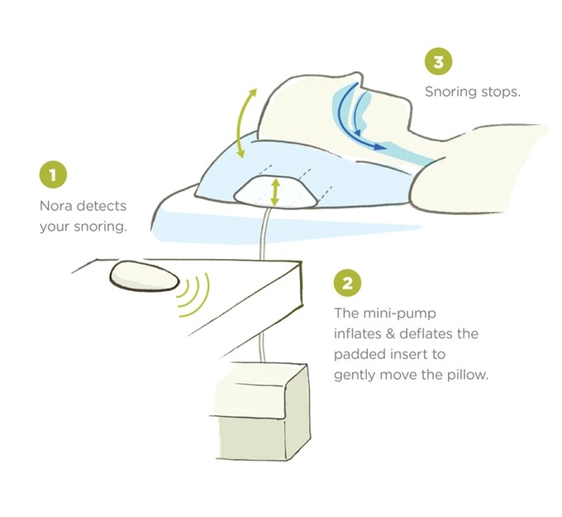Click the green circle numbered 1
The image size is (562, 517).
(53, 175)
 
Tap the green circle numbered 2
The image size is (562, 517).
(347, 283)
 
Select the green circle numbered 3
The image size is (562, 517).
(438, 61)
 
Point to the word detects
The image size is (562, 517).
(102, 206)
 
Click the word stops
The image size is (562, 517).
(501, 92)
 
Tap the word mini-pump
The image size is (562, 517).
(400, 314)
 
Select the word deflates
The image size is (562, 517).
(421, 333)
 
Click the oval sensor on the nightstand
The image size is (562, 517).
(145, 275)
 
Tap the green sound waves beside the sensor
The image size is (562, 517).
(194, 294)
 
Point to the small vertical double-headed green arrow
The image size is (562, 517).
(275, 193)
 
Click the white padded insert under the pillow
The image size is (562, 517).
(275, 193)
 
